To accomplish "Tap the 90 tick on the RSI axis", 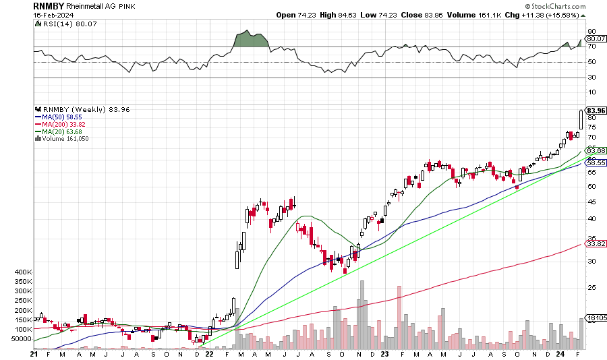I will coord(591,32).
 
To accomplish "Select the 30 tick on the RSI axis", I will coord(591,78).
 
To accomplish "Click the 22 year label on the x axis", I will coord(210,353).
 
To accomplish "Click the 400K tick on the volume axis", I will coord(22,272).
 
